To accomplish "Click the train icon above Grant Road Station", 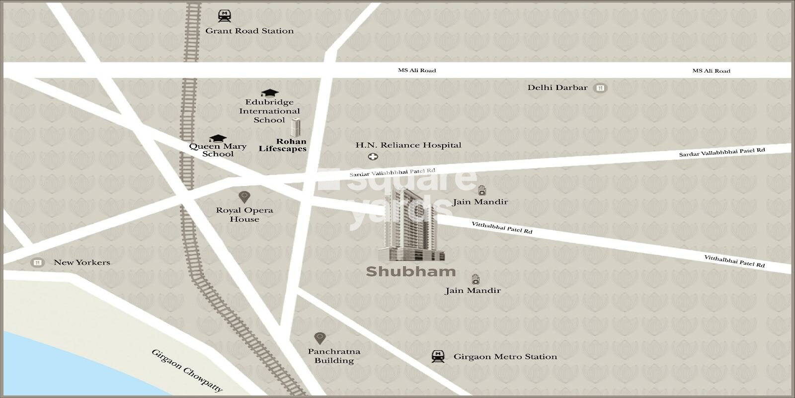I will tap(225, 16).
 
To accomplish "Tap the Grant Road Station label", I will tap(249, 31).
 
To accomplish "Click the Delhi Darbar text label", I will tap(557, 88).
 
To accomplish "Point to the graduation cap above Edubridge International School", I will tap(269, 93).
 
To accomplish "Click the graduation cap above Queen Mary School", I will tap(217, 138).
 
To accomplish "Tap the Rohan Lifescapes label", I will tap(282, 145).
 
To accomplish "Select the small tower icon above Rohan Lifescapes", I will tap(296, 127).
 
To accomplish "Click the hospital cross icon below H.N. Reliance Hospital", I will tap(373, 157).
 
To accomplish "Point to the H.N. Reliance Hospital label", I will tap(408, 145).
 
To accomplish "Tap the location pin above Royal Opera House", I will tap(244, 197).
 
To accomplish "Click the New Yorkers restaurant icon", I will tap(37, 262).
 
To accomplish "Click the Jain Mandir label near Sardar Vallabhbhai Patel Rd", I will tap(480, 202).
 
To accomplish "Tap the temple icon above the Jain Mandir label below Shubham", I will tap(476, 278).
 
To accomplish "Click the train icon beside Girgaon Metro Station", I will tap(438, 356).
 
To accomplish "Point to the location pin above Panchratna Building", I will tap(319, 338).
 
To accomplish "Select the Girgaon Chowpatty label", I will tap(187, 371).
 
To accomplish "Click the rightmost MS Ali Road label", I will tap(711, 71).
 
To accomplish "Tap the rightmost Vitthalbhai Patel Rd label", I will tap(734, 261).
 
